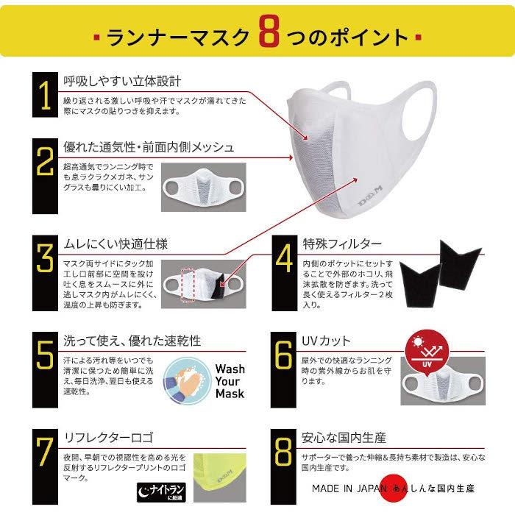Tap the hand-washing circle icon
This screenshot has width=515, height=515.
184,380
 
